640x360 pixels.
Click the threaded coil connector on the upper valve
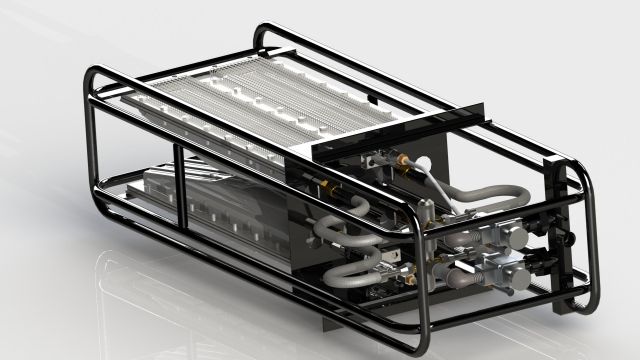(x=470, y=240)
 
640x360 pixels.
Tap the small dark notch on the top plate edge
(x=370, y=98)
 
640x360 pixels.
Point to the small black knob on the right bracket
(x=573, y=240)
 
